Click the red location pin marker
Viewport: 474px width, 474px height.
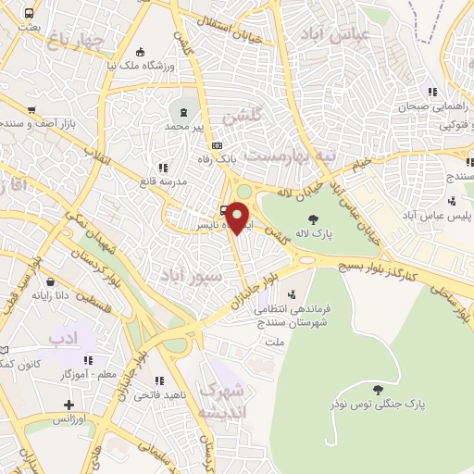tap(238, 218)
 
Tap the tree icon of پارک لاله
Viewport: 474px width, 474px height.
tap(315, 219)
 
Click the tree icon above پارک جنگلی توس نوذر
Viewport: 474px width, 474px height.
tap(377, 390)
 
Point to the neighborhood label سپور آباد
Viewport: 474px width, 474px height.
tap(191, 276)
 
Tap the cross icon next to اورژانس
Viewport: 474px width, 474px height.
tap(69, 404)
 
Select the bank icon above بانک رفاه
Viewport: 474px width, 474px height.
tap(217, 145)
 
